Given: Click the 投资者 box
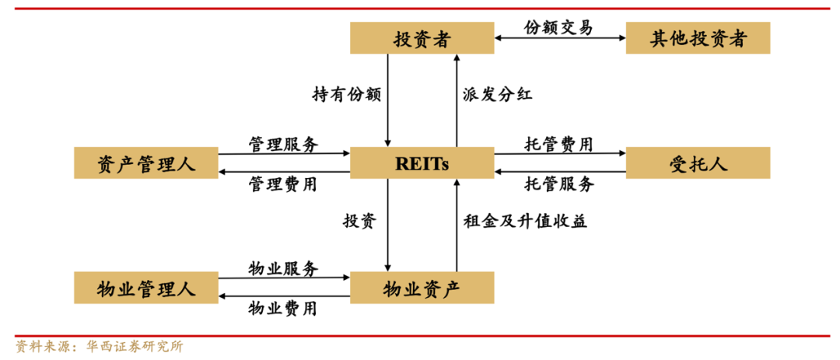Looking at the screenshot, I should (422, 38).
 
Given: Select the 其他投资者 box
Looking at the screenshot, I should (698, 38).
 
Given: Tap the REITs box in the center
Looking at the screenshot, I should (422, 163).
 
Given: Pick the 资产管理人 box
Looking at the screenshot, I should (145, 163).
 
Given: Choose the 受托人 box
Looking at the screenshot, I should (698, 163).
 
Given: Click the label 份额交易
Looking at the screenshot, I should (558, 27).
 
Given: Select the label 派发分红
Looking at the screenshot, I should (498, 95).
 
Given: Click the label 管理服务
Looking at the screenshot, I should (283, 145).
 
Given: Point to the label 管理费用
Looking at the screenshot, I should (283, 184).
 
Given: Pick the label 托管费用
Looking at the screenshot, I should (559, 145).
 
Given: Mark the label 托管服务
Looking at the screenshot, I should (559, 184).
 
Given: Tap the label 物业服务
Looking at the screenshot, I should (283, 269).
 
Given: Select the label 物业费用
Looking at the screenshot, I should (283, 309).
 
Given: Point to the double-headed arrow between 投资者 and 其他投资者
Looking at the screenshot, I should (559, 38).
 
